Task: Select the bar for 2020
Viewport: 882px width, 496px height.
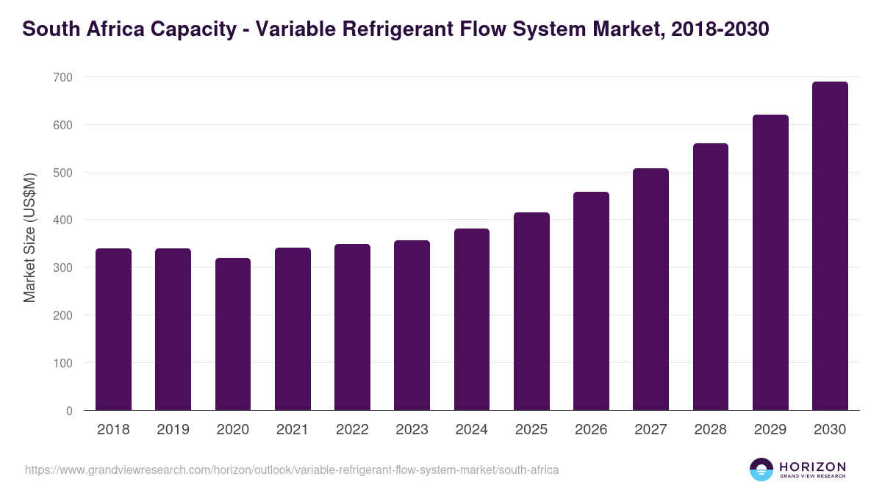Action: click(x=233, y=334)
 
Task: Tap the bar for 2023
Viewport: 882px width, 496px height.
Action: click(x=412, y=326)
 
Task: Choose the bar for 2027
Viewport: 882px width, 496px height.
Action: click(x=650, y=290)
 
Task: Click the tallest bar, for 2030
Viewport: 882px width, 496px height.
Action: click(x=830, y=246)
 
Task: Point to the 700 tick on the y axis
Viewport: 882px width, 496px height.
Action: click(x=62, y=77)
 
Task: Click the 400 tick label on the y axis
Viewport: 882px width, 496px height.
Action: click(x=62, y=220)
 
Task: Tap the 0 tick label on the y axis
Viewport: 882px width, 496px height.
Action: click(x=69, y=411)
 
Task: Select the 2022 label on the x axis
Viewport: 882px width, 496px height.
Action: click(x=352, y=430)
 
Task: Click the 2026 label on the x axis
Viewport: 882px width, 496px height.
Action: click(x=591, y=430)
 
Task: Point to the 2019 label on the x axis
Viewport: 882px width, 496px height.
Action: click(x=173, y=430)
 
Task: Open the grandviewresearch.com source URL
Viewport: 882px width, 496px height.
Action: click(x=292, y=470)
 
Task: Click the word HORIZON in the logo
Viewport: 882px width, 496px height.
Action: click(x=812, y=466)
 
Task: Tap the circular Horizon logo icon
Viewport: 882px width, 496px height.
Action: click(x=761, y=470)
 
